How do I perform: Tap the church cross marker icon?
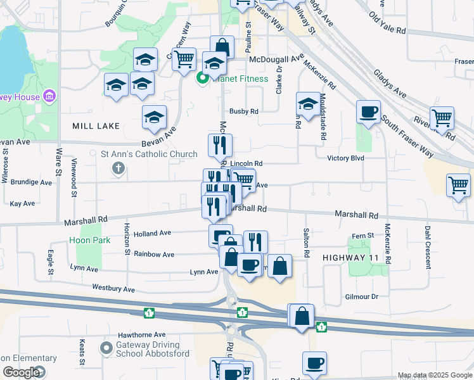click(x=117, y=168)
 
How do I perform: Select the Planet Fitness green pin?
click(x=203, y=79)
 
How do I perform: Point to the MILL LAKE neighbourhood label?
click(x=96, y=126)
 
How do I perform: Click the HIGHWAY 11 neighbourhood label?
click(x=354, y=258)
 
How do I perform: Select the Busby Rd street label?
click(x=244, y=111)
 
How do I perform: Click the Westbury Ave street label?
click(x=113, y=289)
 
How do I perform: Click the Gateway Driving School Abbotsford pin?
click(x=106, y=348)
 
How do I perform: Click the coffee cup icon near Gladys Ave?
click(x=368, y=113)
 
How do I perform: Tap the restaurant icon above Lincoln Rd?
click(x=220, y=146)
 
